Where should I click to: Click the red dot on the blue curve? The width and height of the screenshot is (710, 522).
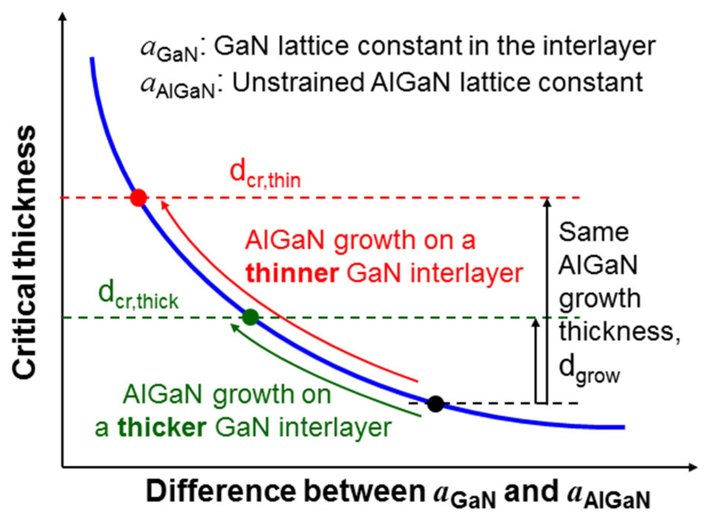(x=139, y=198)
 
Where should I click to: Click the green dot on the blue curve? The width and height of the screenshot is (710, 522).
(x=251, y=317)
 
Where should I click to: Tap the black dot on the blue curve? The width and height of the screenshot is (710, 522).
(x=435, y=404)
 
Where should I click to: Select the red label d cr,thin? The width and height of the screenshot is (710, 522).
(x=265, y=175)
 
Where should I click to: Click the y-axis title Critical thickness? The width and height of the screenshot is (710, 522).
(x=24, y=252)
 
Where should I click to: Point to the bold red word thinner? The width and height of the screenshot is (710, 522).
(x=292, y=273)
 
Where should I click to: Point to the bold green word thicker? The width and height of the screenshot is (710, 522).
(x=162, y=428)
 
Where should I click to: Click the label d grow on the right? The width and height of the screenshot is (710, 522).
(x=589, y=370)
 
